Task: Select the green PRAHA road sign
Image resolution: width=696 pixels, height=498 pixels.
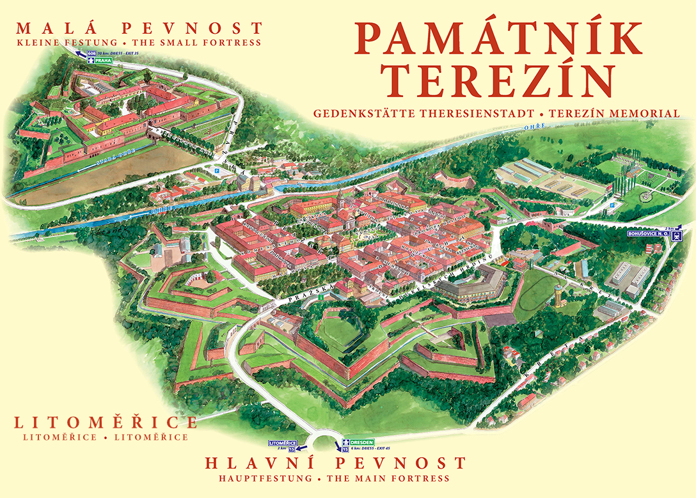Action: [103, 60]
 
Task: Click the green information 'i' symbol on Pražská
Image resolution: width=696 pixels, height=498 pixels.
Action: [330, 297]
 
